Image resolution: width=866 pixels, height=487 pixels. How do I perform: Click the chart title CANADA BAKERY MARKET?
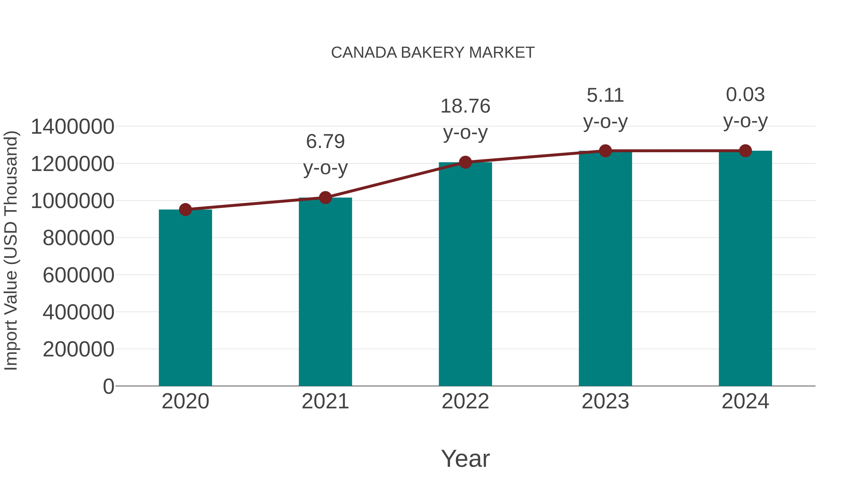[x=433, y=53]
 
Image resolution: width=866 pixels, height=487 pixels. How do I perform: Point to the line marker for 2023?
[x=605, y=151]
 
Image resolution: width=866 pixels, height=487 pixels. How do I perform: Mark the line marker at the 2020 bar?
[x=185, y=210]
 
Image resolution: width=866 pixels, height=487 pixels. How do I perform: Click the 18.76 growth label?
[x=465, y=106]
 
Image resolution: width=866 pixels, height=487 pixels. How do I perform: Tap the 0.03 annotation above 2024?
[x=745, y=95]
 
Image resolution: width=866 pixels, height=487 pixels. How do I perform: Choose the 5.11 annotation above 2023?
[x=605, y=95]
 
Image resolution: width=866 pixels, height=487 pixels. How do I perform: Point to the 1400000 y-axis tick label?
[x=72, y=127]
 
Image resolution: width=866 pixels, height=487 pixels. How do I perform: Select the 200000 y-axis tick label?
[x=78, y=349]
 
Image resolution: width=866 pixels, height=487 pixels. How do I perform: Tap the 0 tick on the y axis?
[x=108, y=386]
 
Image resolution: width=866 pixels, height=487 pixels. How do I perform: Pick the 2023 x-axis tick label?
[x=605, y=401]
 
